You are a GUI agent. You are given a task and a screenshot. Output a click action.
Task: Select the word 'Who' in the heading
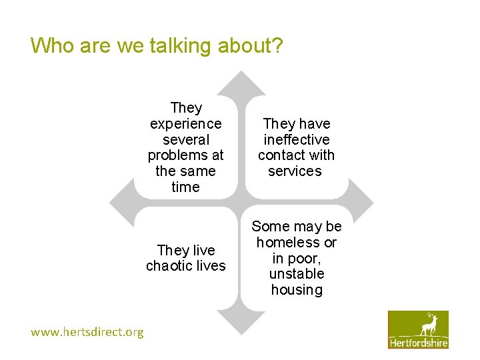51,45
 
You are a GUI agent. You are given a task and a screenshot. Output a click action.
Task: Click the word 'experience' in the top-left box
186,124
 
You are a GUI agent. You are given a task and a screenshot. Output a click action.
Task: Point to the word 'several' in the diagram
186,140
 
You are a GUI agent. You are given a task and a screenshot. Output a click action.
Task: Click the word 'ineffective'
297,140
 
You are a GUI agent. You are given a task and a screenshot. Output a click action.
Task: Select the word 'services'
295,171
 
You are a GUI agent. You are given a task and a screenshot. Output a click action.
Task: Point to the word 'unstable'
297,274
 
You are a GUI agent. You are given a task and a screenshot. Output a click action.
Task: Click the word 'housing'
297,290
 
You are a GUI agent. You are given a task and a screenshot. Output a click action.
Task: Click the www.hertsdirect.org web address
87,332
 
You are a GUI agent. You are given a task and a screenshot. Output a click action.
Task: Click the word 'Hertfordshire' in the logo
419,343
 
